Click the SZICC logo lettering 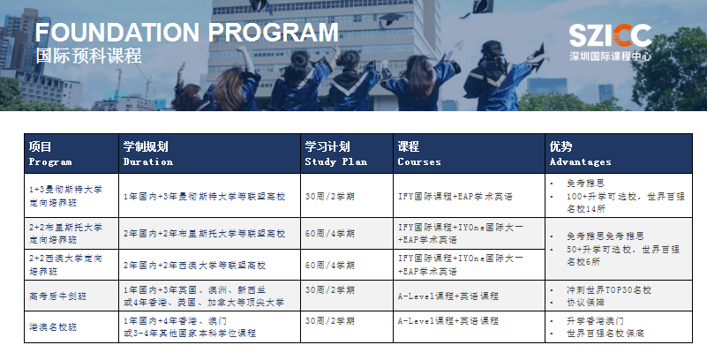click(610, 35)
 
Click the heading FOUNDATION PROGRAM click(186, 32)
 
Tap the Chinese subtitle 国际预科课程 click(89, 56)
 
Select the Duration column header click(148, 154)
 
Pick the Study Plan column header click(336, 154)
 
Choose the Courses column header click(419, 154)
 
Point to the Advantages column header click(580, 154)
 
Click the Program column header click(50, 154)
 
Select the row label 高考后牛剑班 click(57, 296)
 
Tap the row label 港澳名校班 click(53, 327)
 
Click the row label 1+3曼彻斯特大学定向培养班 click(66, 196)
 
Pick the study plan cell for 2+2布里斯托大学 click(329, 234)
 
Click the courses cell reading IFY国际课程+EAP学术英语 click(455, 197)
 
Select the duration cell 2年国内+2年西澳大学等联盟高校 click(195, 266)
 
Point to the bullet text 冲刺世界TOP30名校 click(609, 290)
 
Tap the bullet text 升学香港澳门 click(595, 321)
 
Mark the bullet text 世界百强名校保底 click(605, 334)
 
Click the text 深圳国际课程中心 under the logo click(610, 56)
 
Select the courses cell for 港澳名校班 click(448, 321)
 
